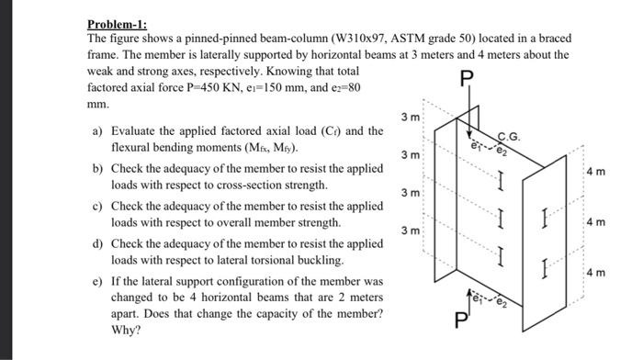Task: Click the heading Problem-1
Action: (x=116, y=24)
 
